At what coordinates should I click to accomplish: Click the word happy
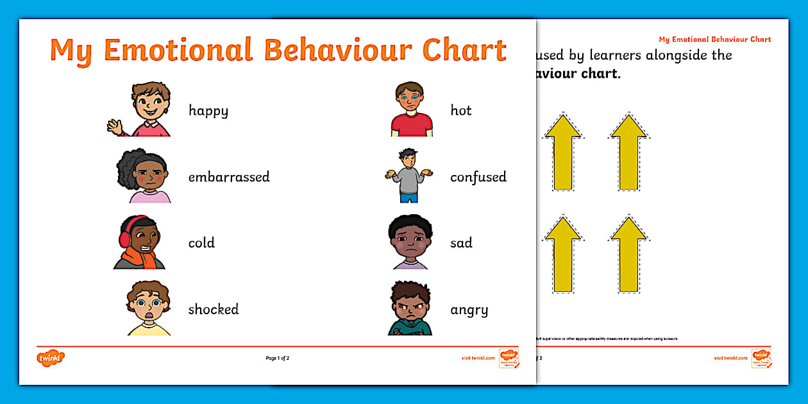point(208,111)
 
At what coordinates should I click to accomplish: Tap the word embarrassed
point(229,177)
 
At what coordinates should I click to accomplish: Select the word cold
point(201,243)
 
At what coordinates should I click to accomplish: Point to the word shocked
point(213,309)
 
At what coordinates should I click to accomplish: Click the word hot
point(460,110)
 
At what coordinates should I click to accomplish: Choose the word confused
point(478,177)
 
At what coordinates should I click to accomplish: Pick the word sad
point(461,243)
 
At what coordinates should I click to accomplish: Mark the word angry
point(469,310)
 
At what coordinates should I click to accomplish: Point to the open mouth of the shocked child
point(149,314)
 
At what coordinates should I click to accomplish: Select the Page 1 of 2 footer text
point(278,358)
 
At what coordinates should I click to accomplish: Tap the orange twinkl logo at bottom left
point(51,358)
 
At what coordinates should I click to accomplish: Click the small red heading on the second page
point(715,40)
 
